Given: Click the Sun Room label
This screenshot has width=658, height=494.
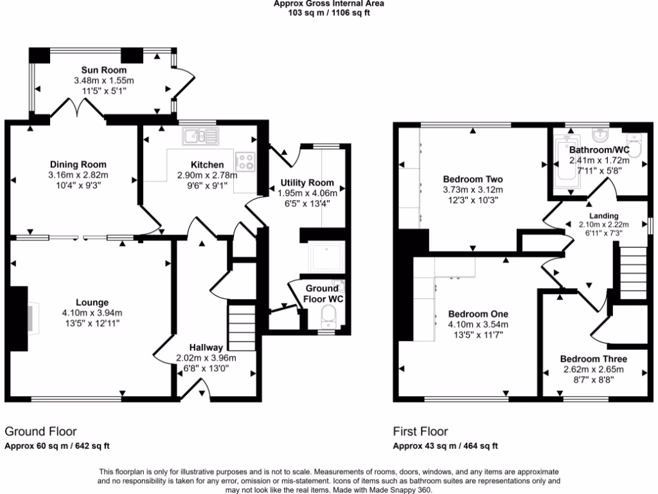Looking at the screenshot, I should tap(103, 70).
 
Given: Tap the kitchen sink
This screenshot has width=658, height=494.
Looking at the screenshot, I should tap(200, 135).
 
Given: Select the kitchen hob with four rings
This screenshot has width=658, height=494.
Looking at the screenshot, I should tap(245, 160).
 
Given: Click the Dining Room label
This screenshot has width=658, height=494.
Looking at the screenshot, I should tap(78, 165).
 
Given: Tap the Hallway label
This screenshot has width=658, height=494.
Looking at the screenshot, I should tap(206, 347).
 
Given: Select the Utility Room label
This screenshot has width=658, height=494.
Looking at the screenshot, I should tap(306, 183).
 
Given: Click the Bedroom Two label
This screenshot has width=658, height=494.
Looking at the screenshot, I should tap(473, 179).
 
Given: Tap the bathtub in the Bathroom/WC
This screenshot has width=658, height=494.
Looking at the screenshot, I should tap(567, 163).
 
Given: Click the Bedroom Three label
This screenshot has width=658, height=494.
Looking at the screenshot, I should tap(593, 359).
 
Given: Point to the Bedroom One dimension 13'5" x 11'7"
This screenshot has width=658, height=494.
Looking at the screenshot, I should tap(477, 334).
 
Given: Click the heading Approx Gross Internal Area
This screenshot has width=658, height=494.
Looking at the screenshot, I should tap(329, 3).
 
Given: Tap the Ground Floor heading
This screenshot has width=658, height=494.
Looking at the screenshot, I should tap(40, 432).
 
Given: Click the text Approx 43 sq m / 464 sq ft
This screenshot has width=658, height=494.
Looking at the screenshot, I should tap(445, 446).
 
